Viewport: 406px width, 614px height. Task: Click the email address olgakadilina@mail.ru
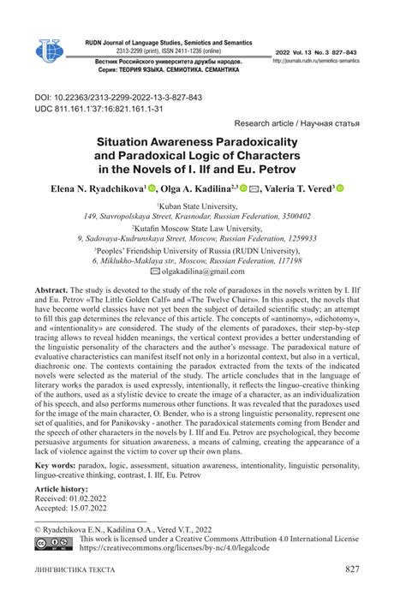(208, 271)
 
